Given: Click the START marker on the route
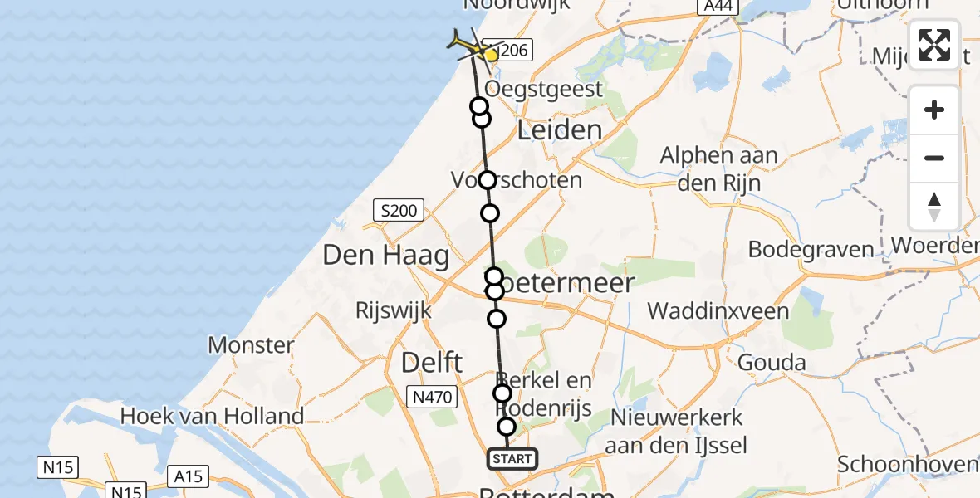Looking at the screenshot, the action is pos(512,459).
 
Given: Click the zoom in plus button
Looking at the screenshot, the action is pos(934,110).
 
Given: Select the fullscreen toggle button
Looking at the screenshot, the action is pos(934,44).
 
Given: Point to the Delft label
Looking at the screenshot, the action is pos(432,362).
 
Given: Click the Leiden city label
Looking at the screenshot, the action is pos(559,129).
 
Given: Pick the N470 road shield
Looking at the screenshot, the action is pos(432,398).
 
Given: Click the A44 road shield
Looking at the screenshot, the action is pos(715,6).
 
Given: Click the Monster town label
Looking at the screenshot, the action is pos(251,344).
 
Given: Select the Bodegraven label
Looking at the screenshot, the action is pos(811,249).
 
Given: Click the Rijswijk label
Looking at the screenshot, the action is pos(393,311).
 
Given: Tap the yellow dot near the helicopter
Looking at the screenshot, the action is pos(491,55).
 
